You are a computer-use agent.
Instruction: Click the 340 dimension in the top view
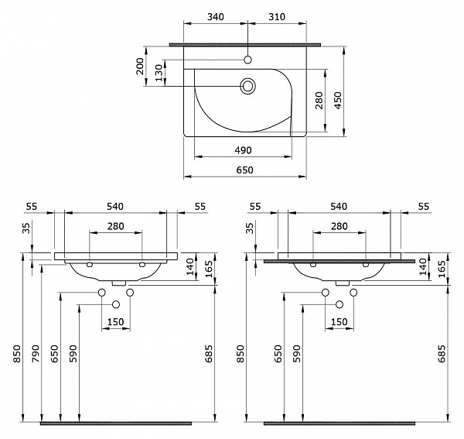[216, 17]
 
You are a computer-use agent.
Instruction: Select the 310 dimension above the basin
[278, 17]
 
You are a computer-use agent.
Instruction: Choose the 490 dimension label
[243, 150]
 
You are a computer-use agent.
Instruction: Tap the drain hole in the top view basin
[247, 86]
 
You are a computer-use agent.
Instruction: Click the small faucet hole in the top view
[247, 60]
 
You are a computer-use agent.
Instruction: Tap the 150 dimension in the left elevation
[116, 321]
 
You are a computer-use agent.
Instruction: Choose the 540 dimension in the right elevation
[338, 207]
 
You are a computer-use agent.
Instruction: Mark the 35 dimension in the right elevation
[251, 228]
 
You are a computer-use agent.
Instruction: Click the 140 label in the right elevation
[422, 266]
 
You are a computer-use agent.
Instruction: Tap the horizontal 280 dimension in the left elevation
[116, 226]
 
